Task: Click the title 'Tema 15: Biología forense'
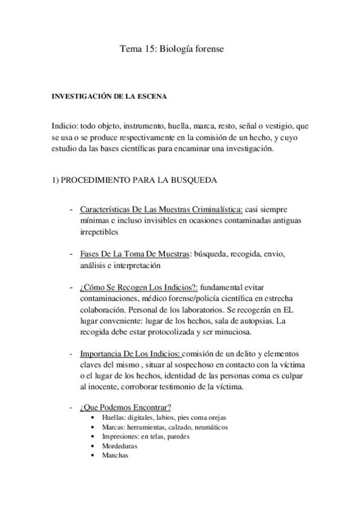click(x=172, y=51)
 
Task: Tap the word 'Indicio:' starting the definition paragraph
click(x=64, y=126)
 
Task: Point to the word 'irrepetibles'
click(x=100, y=232)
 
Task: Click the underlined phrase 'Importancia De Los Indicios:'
click(x=129, y=354)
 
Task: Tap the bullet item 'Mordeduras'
click(x=120, y=446)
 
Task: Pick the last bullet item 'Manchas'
click(x=115, y=455)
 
